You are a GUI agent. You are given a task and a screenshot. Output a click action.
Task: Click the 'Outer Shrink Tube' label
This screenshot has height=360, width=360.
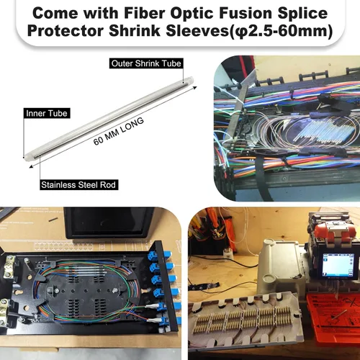coord(146,63)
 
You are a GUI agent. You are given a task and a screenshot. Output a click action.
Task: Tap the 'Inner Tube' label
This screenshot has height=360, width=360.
coord(47,113)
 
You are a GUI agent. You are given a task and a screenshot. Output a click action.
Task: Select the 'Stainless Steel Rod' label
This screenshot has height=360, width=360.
coord(78,185)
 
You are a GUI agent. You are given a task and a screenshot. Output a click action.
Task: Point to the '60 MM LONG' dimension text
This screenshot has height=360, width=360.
coord(119,131)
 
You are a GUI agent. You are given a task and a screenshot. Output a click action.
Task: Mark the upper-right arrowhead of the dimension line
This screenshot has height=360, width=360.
coord(194,88)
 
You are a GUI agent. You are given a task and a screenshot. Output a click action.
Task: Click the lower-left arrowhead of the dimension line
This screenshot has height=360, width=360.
coord(32,166)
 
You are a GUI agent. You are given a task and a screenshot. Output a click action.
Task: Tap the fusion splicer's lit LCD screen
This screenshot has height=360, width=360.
coord(338,265)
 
